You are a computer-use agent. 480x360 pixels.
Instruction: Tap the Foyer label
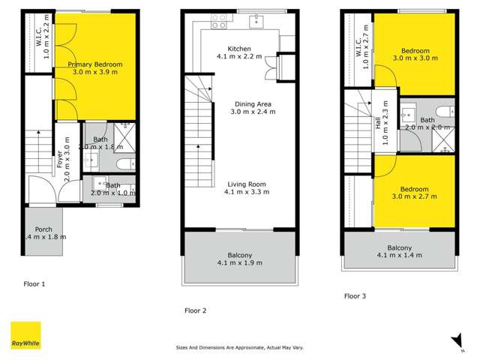pyautogui.click(x=58, y=148)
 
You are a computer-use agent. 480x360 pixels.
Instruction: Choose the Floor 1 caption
pyautogui.click(x=34, y=284)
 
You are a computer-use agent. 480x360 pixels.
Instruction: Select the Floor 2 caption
pyautogui.click(x=195, y=310)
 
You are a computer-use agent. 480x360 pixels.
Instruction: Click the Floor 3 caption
pyautogui.click(x=355, y=296)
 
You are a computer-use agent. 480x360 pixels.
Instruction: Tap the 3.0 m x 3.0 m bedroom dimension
pyautogui.click(x=414, y=58)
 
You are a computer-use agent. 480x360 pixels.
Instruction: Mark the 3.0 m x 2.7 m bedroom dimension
pyautogui.click(x=414, y=196)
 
